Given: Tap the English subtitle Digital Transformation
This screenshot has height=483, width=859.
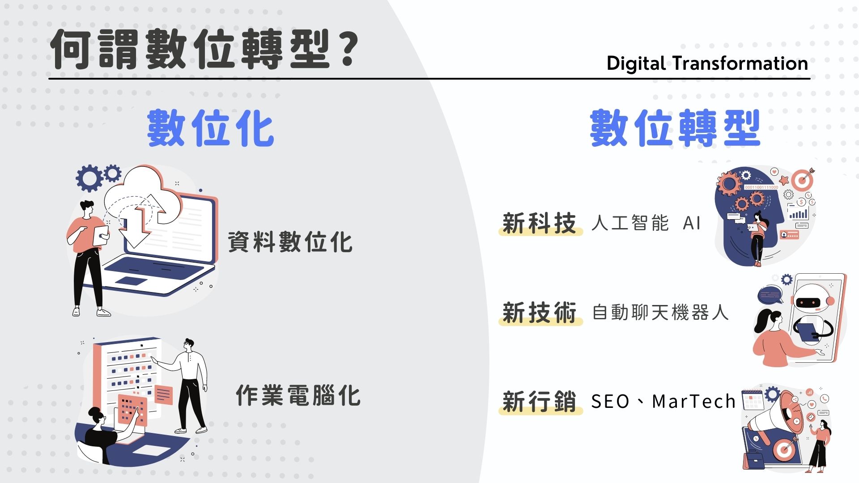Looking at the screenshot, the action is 707,64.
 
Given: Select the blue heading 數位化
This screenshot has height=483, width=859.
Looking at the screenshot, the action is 211,128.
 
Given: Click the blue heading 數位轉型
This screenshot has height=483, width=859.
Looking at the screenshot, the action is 675,128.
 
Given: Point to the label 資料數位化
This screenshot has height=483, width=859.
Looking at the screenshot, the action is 290,242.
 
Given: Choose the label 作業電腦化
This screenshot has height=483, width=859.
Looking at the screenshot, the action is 298,395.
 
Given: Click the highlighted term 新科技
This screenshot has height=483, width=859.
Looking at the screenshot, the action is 539,223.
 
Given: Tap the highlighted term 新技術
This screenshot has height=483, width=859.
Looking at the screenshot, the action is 539,312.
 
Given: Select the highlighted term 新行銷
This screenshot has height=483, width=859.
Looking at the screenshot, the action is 539,401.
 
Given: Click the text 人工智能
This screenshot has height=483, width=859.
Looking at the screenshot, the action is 630,223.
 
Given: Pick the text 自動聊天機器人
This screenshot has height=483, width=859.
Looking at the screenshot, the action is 660,312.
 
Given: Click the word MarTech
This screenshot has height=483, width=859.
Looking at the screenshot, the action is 694,402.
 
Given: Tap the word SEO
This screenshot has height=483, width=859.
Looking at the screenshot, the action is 610,402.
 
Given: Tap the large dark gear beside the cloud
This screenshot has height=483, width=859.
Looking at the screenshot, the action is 89,178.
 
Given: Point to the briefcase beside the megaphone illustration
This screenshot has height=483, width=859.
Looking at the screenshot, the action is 754,460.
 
